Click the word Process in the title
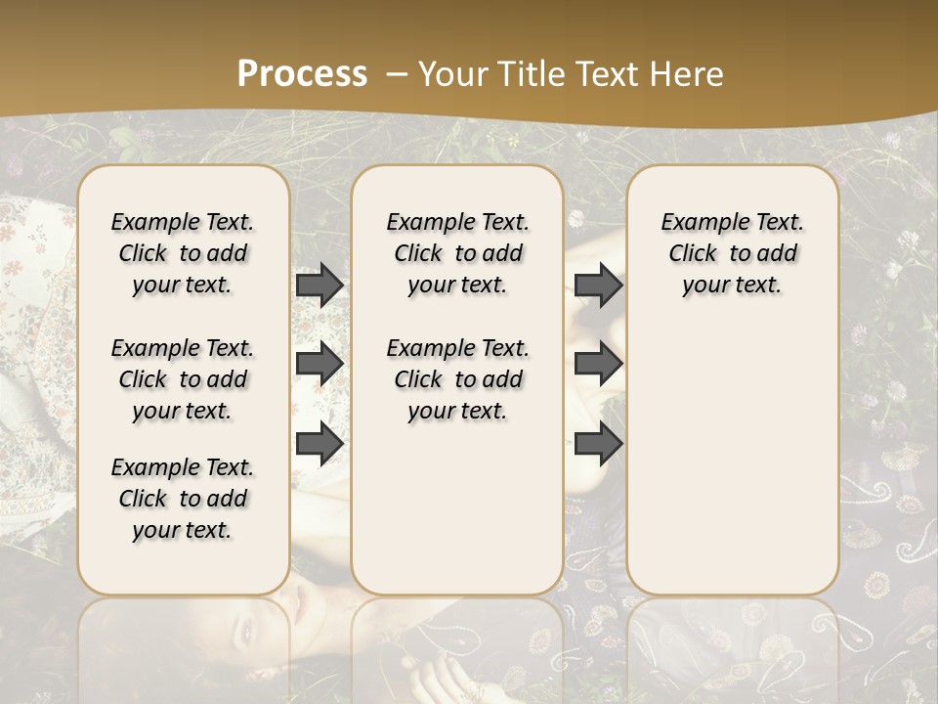click(x=302, y=73)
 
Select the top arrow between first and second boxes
click(x=320, y=285)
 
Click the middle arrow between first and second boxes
click(x=320, y=364)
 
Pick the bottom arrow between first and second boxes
click(x=320, y=444)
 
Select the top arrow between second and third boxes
click(x=598, y=285)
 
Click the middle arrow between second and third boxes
click(x=598, y=364)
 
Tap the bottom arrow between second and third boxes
click(x=598, y=444)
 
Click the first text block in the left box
click(x=183, y=253)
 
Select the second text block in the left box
click(x=183, y=379)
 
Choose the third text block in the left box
click(x=183, y=499)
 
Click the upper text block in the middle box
click(x=457, y=253)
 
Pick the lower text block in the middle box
click(x=457, y=379)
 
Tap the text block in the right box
click(x=732, y=253)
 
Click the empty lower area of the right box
click(x=732, y=460)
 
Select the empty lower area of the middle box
click(x=457, y=508)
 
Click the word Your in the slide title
click(x=450, y=73)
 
